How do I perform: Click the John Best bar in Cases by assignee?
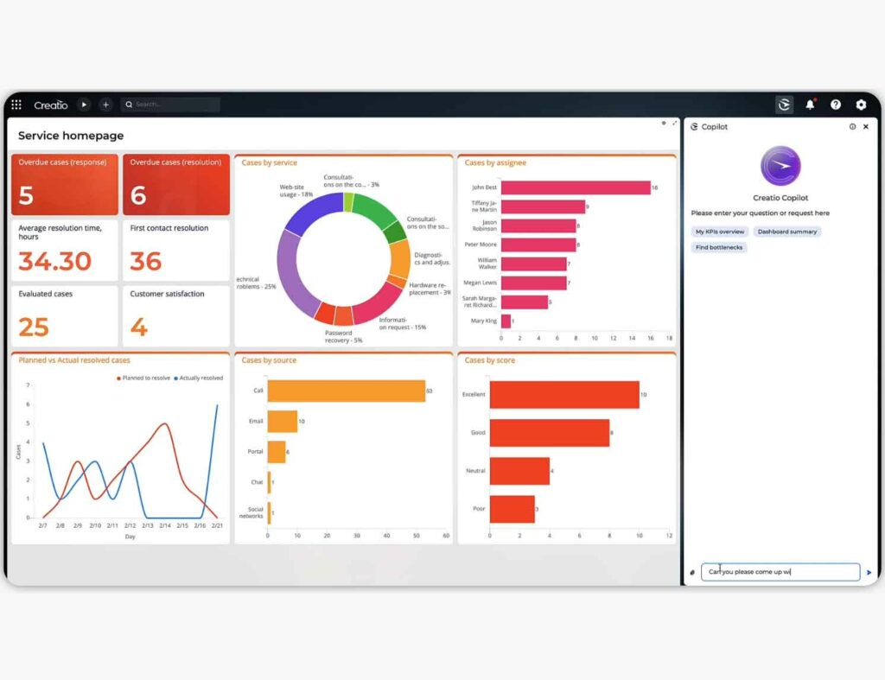(575, 187)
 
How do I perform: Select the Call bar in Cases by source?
(346, 391)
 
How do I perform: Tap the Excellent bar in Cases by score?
(564, 394)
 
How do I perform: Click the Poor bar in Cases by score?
(512, 509)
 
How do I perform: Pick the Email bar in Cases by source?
(282, 422)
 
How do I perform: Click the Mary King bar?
(506, 321)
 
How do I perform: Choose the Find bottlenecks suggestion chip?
(719, 247)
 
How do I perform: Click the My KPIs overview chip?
(720, 232)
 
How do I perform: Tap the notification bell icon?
(810, 105)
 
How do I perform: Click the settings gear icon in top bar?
(861, 105)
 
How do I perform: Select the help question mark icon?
(836, 105)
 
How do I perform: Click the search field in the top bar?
(171, 105)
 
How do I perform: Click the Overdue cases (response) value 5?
(26, 195)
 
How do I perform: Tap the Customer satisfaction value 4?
(138, 327)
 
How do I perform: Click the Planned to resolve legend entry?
(144, 378)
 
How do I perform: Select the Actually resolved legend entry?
(200, 378)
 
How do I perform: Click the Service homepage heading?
(71, 136)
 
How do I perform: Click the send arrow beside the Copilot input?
(869, 572)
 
